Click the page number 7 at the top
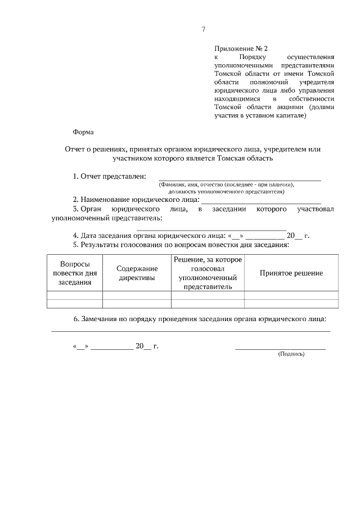pos(203,30)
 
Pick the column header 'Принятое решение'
pos(291,273)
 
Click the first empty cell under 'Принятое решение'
pos(291,295)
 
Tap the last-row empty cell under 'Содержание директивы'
pos(137,304)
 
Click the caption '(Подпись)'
pos(291,354)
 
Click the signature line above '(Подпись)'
pos(280,349)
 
